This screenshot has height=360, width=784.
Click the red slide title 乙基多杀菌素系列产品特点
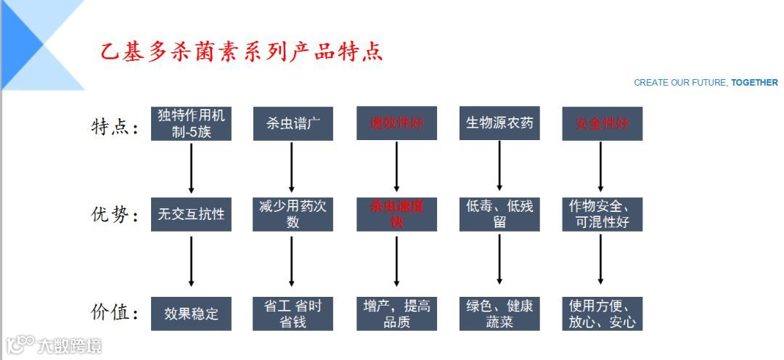point(241,52)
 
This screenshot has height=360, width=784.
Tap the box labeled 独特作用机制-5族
point(192,123)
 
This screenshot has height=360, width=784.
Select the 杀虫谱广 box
point(293,123)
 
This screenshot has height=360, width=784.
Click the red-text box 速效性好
point(396,123)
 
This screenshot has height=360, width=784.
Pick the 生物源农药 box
point(499,123)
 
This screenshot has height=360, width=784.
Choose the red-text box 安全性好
point(602,123)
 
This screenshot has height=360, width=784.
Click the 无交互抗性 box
point(192,214)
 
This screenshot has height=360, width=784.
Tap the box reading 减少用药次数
point(293,214)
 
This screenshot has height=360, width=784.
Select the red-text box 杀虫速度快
point(396,214)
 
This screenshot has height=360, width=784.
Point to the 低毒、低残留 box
point(499,214)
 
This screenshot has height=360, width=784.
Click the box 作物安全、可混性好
point(602,214)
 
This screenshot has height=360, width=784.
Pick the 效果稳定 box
point(192,314)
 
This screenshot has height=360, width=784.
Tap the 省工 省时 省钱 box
point(293,314)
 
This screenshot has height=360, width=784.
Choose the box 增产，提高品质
point(396,314)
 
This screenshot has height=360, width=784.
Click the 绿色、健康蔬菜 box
point(499,314)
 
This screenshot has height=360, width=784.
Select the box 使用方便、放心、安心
point(602,314)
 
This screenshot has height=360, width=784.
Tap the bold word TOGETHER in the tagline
point(754,83)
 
